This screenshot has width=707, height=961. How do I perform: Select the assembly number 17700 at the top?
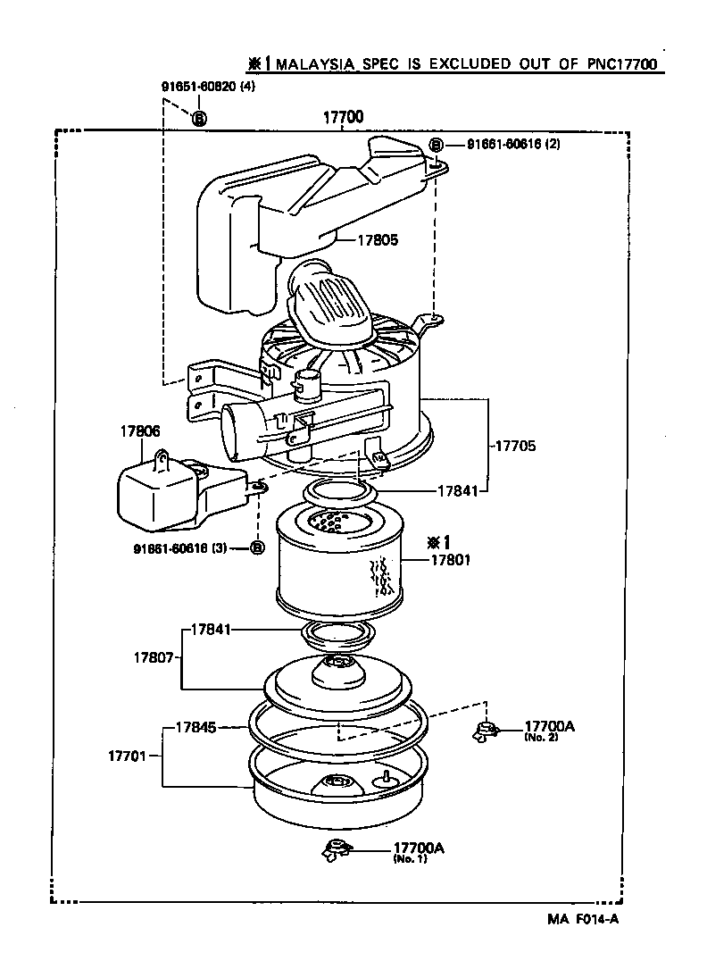coord(344,117)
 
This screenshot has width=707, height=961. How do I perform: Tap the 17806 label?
coord(140,430)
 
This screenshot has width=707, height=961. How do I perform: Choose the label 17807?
coord(153,656)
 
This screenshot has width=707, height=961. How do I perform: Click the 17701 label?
coord(128,756)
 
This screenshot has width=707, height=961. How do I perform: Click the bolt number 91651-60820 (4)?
coord(208,87)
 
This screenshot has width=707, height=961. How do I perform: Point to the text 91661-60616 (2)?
coord(513,145)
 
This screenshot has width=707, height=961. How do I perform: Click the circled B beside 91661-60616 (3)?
coord(257,547)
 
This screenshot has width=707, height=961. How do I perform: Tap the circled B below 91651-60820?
coord(200,118)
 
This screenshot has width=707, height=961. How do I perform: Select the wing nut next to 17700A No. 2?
coord(486,731)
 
